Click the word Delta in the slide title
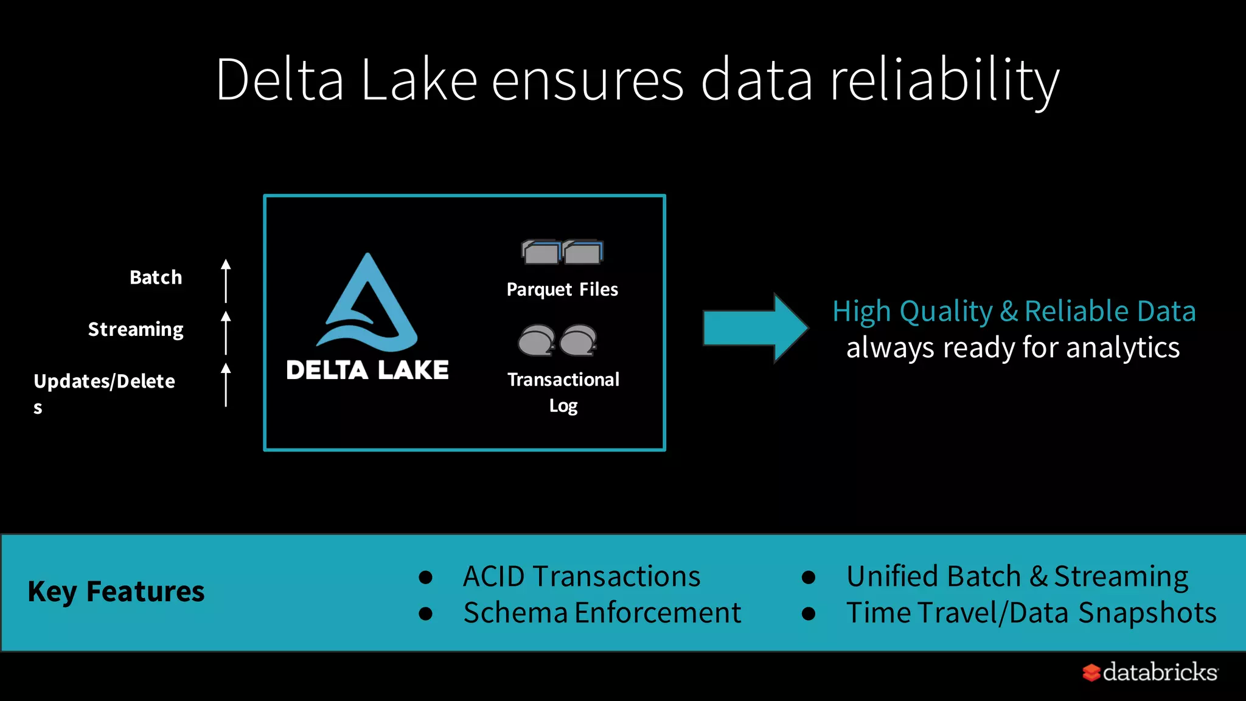[280, 80]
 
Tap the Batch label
[156, 277]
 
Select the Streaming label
[136, 329]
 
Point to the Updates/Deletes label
[104, 382]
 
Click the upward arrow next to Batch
[226, 281]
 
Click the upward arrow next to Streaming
[226, 332]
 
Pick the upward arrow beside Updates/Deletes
[226, 384]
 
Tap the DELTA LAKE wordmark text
[367, 370]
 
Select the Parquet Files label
[562, 290]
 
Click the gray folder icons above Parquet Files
[562, 251]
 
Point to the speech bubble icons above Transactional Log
[557, 340]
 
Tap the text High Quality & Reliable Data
[1014, 311]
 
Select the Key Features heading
[116, 591]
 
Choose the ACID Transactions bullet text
[582, 576]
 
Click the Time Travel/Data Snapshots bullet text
[1031, 613]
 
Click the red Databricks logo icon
[1091, 672]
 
